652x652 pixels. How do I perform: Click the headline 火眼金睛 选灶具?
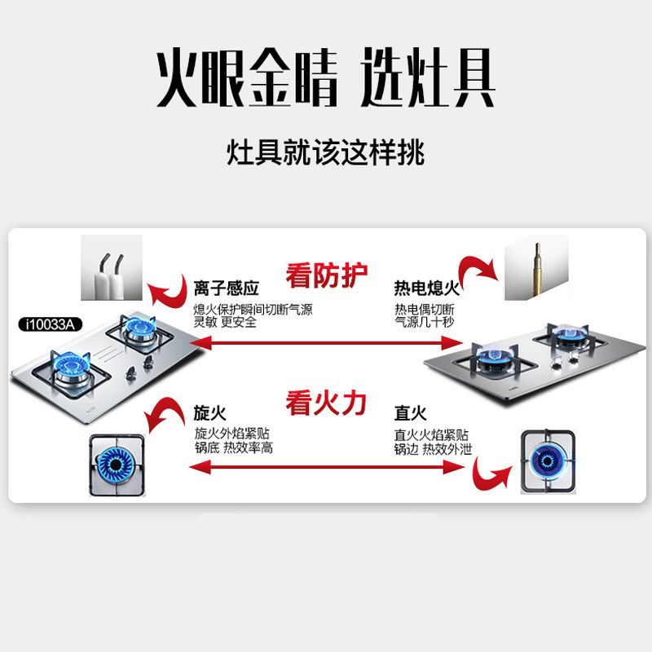326,80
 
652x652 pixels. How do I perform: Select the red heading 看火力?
325,402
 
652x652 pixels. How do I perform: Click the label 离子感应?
226,289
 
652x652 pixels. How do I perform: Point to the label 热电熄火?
426,289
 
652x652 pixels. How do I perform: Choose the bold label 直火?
410,414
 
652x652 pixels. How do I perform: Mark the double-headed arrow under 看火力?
325,467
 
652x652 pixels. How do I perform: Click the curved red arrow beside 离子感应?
166,289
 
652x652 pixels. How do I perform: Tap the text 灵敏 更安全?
225,323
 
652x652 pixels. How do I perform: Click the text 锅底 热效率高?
233,448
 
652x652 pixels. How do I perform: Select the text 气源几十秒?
424,323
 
